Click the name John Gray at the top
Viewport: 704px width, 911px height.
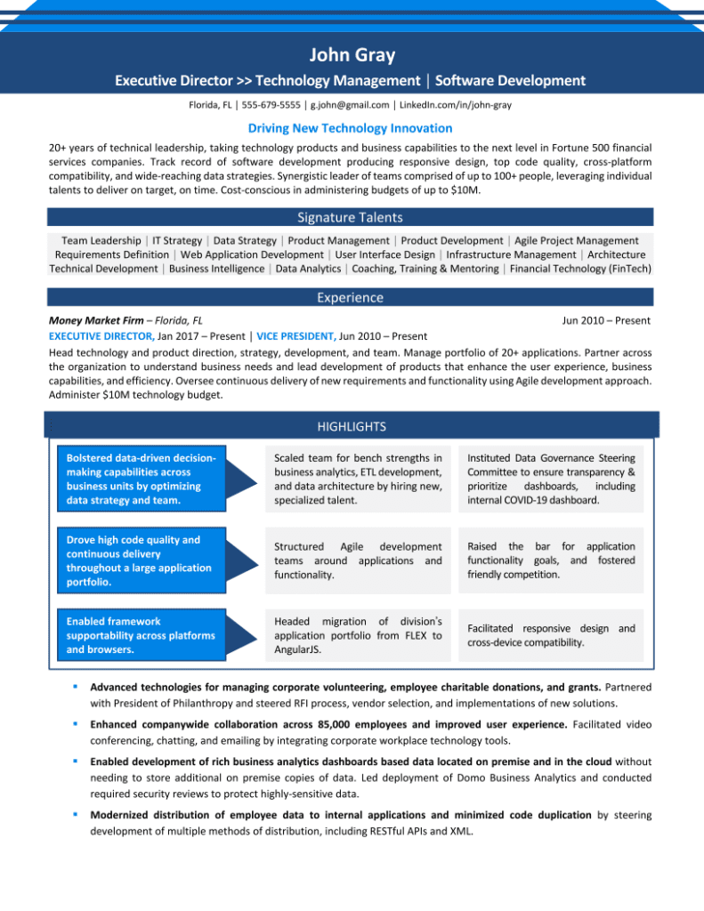click(352, 56)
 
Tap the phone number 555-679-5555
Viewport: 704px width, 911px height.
click(271, 104)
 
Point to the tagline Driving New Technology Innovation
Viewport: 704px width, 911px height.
click(350, 128)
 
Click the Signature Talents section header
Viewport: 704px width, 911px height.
click(350, 217)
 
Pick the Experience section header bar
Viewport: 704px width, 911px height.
click(350, 297)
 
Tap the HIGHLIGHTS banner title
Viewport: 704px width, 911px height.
click(351, 427)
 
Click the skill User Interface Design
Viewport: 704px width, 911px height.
click(384, 254)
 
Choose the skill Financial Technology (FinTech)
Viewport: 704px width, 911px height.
click(580, 269)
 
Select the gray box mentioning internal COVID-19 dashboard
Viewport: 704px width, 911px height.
click(551, 479)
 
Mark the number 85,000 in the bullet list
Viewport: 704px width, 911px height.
click(360, 724)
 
